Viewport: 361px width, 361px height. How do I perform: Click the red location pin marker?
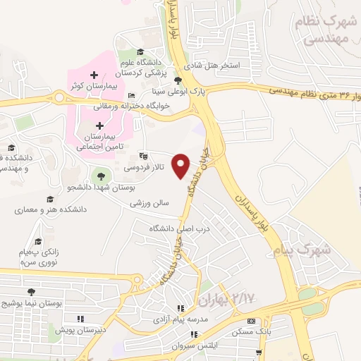coord(182,166)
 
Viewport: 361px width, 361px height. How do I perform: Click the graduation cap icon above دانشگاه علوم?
coord(140,52)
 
